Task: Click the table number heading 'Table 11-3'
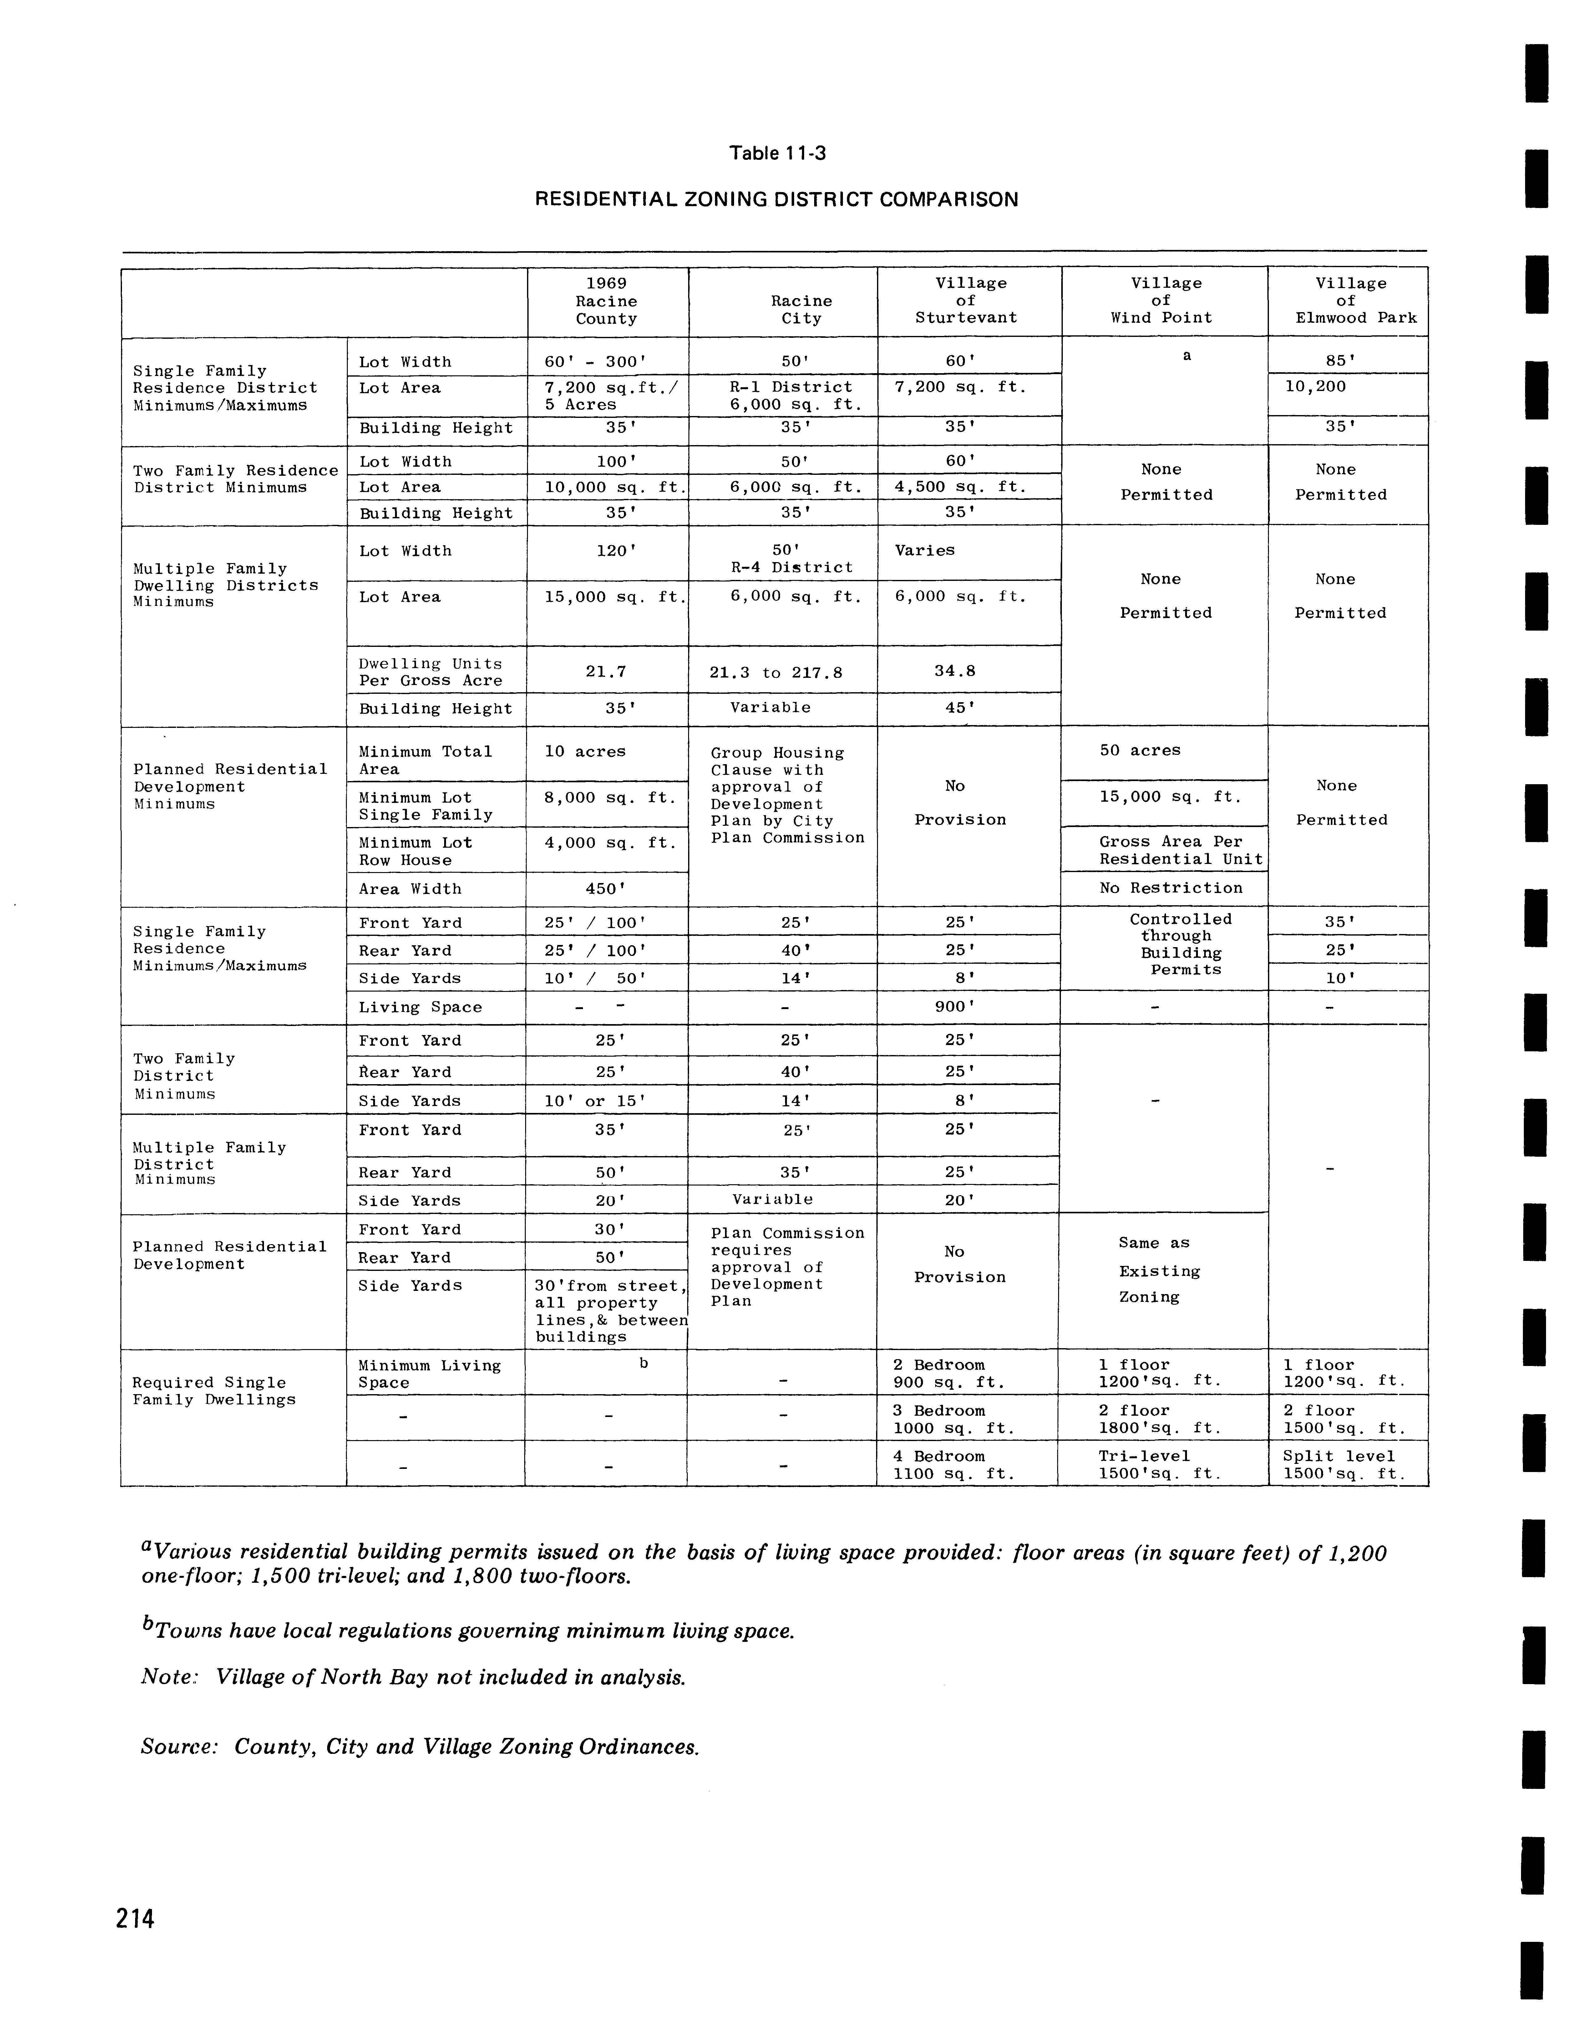pos(778,153)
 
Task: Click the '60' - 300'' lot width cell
pos(596,362)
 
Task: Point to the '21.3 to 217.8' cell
pos(776,672)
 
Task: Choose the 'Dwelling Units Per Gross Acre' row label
pos(431,672)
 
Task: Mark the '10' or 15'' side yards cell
pos(595,1101)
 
